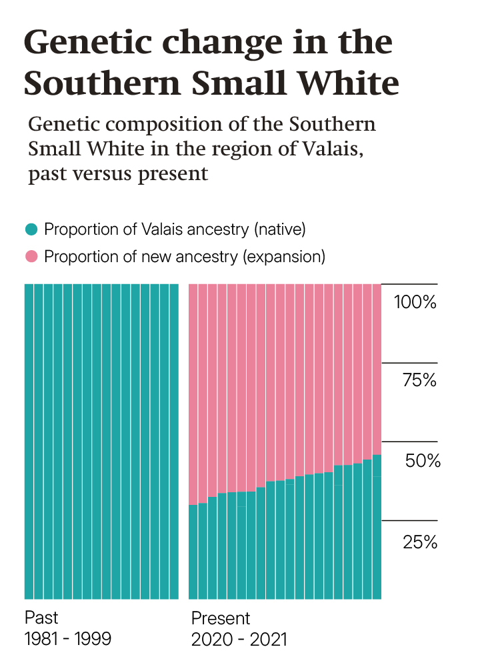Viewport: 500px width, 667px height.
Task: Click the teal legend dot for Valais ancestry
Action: click(31, 230)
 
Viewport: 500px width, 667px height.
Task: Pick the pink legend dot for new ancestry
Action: click(31, 256)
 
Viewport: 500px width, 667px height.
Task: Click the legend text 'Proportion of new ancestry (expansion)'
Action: click(185, 256)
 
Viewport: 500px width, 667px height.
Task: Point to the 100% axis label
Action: click(415, 302)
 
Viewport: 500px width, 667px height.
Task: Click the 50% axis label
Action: click(423, 461)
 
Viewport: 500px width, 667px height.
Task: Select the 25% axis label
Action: click(420, 542)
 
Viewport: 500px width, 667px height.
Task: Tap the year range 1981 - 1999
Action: click(68, 639)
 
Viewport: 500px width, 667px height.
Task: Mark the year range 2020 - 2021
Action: click(239, 640)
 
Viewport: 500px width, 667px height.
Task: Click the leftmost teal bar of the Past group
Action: click(29, 440)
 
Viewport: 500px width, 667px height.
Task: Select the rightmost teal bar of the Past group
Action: click(174, 440)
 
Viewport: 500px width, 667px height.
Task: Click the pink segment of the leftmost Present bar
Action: click(193, 394)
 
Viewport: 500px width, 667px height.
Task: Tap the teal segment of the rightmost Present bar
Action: click(377, 527)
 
